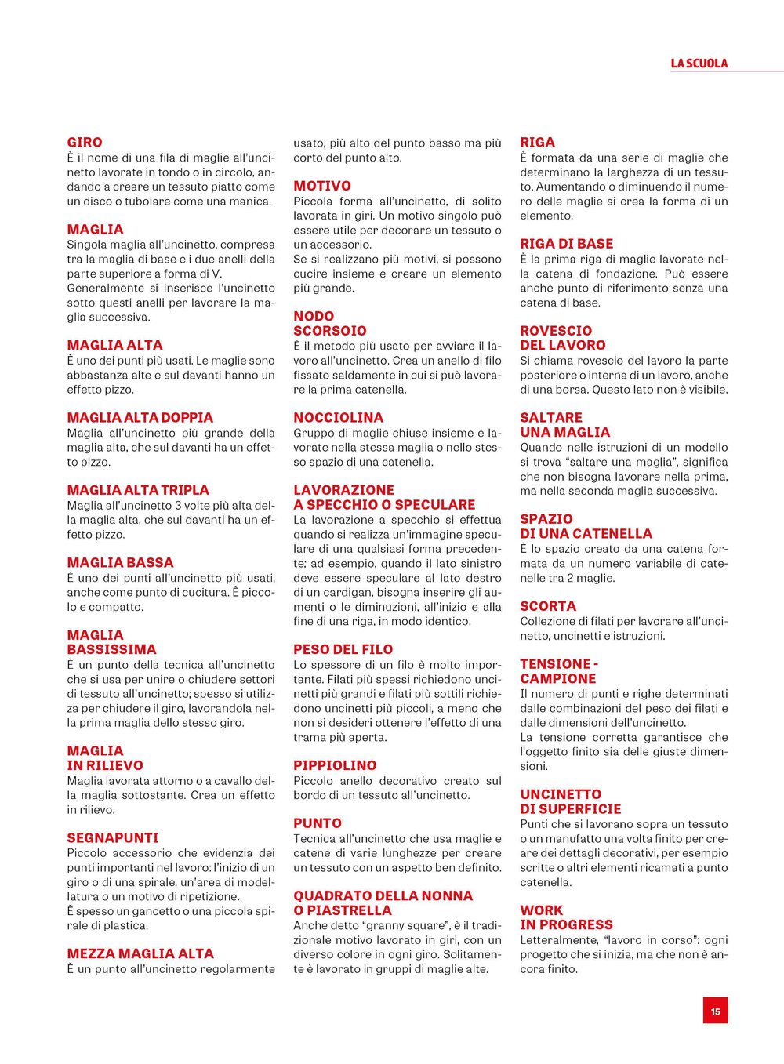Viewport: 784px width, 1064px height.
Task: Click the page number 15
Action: (715, 1011)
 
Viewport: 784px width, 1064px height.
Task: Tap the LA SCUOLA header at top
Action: (699, 64)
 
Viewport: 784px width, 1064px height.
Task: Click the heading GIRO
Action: (85, 143)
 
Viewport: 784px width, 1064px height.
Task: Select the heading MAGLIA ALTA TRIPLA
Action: (138, 490)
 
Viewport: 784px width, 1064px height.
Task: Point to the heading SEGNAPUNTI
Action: (113, 837)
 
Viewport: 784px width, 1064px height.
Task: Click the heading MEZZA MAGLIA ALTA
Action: (140, 953)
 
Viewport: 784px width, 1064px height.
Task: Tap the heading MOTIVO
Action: (322, 186)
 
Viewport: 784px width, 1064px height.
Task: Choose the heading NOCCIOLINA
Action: (339, 418)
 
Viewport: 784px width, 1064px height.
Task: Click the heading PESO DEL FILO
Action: (343, 649)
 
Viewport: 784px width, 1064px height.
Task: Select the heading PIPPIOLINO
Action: (335, 765)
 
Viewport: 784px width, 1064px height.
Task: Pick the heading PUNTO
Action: (318, 823)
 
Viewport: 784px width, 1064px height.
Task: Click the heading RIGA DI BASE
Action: (567, 244)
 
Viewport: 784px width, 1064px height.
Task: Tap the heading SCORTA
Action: (548, 606)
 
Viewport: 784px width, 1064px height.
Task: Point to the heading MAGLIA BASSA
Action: (121, 562)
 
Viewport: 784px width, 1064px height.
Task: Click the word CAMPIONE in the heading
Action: (558, 679)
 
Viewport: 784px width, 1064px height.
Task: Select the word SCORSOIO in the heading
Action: (330, 331)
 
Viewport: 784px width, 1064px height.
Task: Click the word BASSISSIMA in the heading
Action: (112, 649)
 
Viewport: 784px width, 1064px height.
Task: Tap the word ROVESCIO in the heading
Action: (556, 331)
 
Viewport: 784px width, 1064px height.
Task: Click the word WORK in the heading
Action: (542, 910)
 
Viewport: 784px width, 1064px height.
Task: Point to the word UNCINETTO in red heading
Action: (561, 794)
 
